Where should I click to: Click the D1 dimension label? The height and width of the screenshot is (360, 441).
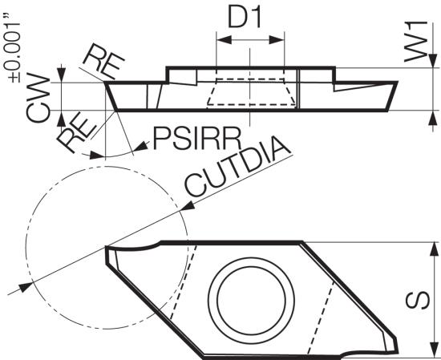click(244, 18)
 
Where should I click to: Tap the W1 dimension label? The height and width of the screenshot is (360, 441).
click(416, 42)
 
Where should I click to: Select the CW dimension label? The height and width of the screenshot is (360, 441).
click(38, 98)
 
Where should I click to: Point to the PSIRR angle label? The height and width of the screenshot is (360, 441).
click(197, 139)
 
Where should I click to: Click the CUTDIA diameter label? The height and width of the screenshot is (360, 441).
click(237, 167)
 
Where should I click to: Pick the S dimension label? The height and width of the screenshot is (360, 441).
click(418, 300)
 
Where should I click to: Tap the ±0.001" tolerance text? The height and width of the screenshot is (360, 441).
click(12, 48)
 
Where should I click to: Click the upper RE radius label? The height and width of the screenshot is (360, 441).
click(103, 63)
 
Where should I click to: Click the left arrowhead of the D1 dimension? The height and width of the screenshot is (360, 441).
click(225, 40)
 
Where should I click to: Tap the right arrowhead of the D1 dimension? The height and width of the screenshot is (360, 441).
click(277, 40)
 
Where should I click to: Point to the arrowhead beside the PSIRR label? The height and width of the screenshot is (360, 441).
click(141, 147)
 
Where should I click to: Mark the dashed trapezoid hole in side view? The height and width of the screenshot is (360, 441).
click(251, 92)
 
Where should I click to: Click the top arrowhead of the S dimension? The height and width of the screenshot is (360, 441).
click(435, 249)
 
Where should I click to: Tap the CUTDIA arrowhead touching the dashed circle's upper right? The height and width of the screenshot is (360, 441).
click(187, 206)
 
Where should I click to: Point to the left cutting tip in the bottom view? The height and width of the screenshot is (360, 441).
click(107, 248)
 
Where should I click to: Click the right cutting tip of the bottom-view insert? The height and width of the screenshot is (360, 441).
click(397, 351)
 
